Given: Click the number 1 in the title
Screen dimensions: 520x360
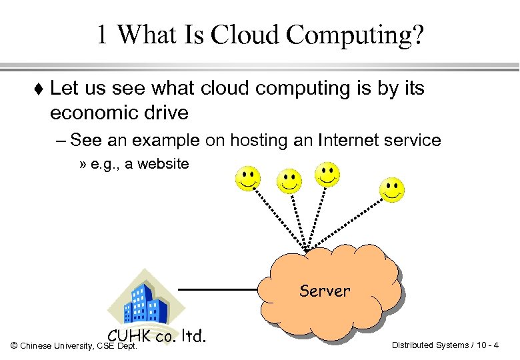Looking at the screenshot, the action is click(x=102, y=35).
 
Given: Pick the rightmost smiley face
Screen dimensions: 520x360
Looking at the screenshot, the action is click(x=391, y=189).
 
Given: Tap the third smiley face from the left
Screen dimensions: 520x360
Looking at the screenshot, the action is click(x=327, y=174).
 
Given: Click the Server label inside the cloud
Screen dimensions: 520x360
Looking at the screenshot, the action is click(x=325, y=291).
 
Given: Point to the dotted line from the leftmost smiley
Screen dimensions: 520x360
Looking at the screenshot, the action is click(x=277, y=217).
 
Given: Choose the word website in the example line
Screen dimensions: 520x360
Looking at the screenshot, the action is click(x=163, y=164).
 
